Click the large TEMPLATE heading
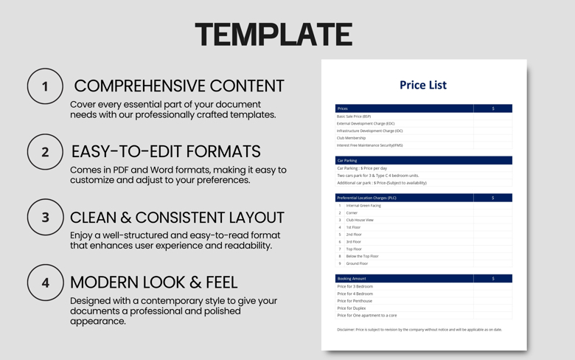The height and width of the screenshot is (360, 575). (x=273, y=35)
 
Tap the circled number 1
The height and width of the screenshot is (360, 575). (x=45, y=86)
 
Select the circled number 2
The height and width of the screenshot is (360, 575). (x=45, y=152)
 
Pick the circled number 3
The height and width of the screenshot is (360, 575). (x=45, y=218)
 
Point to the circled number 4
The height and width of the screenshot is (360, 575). (x=45, y=283)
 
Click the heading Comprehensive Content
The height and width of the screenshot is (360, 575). (x=178, y=86)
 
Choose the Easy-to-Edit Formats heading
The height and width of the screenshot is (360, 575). (x=166, y=151)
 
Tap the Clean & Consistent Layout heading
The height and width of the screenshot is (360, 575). (x=177, y=218)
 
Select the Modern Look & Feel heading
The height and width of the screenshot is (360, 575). (x=153, y=282)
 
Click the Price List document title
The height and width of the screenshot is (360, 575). (x=423, y=85)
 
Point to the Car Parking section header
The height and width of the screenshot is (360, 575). (x=347, y=160)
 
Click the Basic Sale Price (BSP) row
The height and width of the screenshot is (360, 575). (x=354, y=117)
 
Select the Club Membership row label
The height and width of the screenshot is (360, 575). (x=351, y=138)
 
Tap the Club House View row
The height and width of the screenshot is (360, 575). (x=360, y=220)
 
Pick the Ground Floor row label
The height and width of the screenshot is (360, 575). (x=357, y=263)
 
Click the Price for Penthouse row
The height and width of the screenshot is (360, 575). (x=355, y=301)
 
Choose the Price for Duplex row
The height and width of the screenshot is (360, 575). (x=352, y=308)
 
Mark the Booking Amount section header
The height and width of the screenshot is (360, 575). (x=352, y=279)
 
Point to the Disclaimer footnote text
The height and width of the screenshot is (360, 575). (x=419, y=330)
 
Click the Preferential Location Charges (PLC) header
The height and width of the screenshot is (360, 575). (x=366, y=198)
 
